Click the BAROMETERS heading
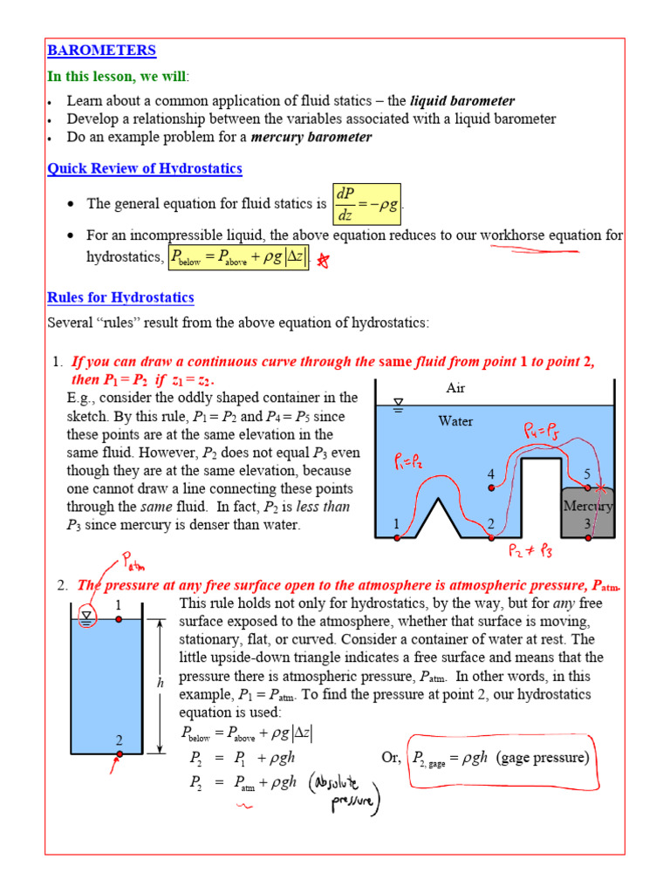pos(101,51)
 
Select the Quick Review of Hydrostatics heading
pos(144,168)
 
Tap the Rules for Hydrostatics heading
pos(120,298)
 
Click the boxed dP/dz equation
pos(367,204)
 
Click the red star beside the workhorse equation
pos(324,259)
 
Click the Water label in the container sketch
pos(455,421)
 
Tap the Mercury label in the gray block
pos(587,507)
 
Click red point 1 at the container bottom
pos(397,538)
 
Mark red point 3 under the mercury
pos(587,538)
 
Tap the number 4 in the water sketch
pos(491,474)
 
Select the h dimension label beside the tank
pos(161,685)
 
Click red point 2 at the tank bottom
pos(120,753)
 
